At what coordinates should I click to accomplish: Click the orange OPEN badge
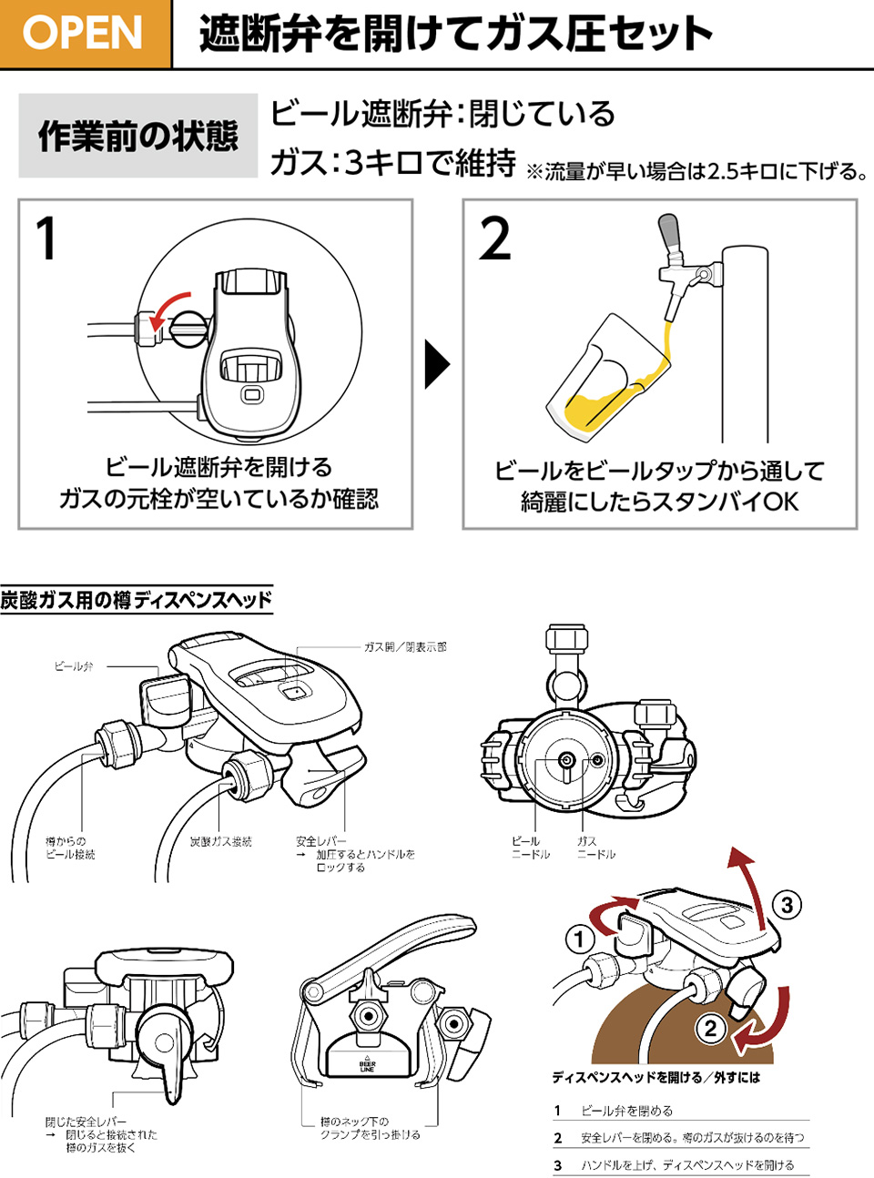[x=84, y=34]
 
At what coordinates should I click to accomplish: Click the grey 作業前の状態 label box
[x=137, y=136]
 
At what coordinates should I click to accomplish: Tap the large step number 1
[x=46, y=239]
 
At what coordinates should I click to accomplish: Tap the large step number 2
[x=495, y=239]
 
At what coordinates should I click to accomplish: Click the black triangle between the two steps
[x=437, y=364]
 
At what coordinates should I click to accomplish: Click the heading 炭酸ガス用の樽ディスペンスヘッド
[x=136, y=600]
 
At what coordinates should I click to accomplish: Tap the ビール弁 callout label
[x=74, y=666]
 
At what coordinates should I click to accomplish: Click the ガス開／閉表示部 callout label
[x=405, y=647]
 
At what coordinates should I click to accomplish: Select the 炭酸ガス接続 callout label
[x=220, y=842]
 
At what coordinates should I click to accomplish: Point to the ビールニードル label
[x=530, y=848]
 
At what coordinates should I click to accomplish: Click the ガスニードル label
[x=595, y=848]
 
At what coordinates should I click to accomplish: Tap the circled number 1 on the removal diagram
[x=580, y=939]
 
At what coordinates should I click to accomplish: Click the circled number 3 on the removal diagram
[x=788, y=905]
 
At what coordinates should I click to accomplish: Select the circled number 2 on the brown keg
[x=710, y=1029]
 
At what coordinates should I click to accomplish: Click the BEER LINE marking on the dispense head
[x=368, y=1066]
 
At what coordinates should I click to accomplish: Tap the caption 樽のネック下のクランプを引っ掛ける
[x=370, y=1128]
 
